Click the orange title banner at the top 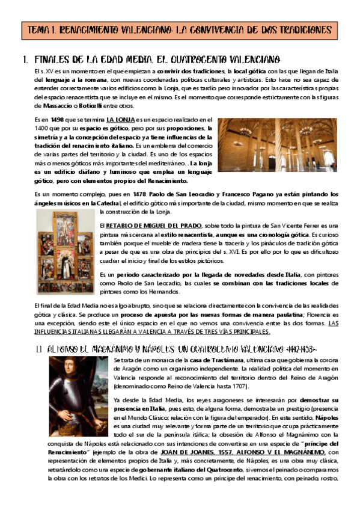click(x=180, y=29)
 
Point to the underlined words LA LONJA click(x=121, y=120)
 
